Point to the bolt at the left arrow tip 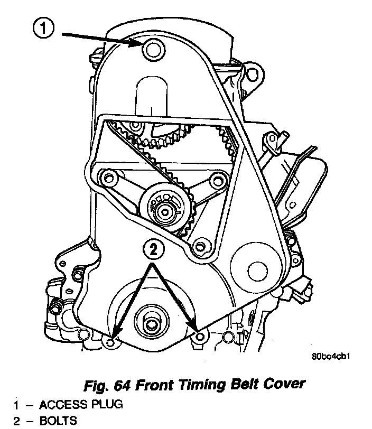click(x=110, y=342)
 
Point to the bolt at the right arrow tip click(x=199, y=337)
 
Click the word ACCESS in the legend click(x=61, y=405)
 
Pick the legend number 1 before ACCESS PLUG click(x=16, y=405)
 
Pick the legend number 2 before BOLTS click(x=16, y=421)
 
